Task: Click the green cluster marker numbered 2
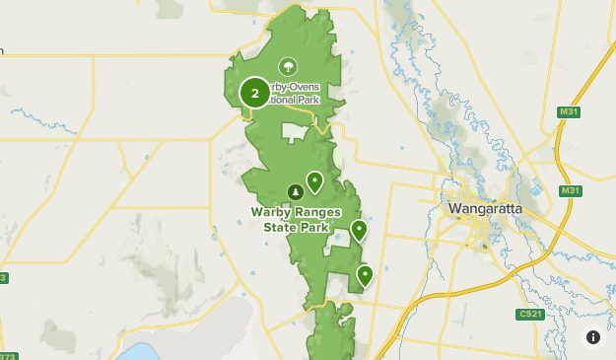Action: point(255,94)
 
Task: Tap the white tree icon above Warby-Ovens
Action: point(287,67)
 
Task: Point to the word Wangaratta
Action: point(484,209)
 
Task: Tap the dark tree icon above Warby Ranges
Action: point(294,191)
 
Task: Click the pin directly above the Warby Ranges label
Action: point(314,182)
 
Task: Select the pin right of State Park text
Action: point(359,231)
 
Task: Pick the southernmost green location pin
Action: point(365,275)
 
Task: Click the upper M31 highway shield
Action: point(568,112)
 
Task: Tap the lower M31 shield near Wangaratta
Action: point(570,190)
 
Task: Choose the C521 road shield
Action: point(529,315)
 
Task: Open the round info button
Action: point(592,336)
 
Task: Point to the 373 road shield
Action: point(7,355)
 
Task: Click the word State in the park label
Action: point(283,228)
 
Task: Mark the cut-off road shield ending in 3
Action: point(3,278)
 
